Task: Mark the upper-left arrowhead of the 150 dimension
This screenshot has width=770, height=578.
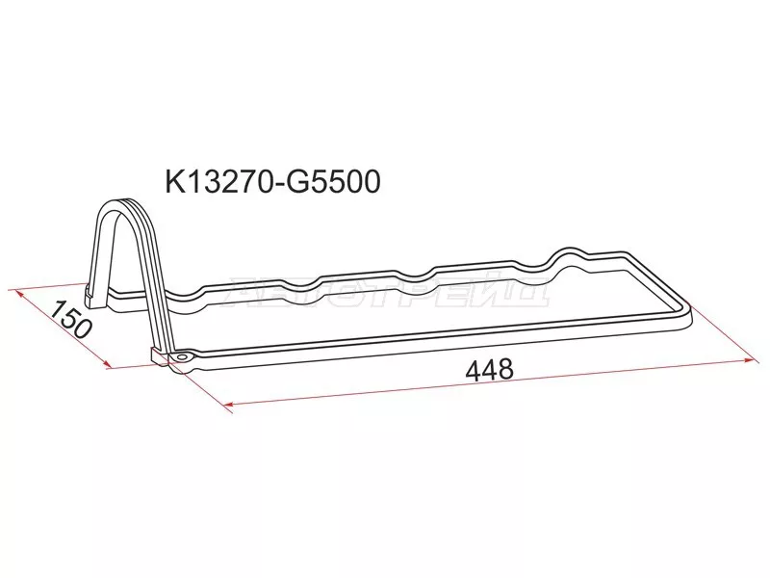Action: (13, 290)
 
